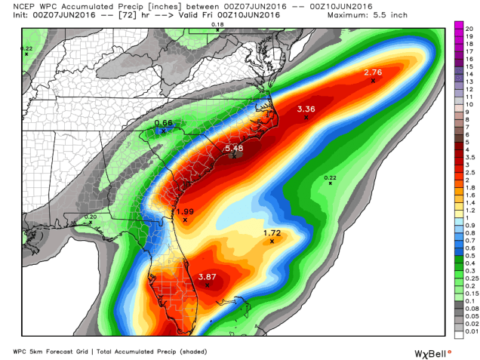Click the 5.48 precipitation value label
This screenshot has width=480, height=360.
coord(234,149)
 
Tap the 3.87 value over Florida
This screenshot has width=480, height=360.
coord(208,277)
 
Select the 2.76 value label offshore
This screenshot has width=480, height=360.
coord(373,72)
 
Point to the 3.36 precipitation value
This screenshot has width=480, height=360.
coord(306,109)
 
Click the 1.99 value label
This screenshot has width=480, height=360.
coord(185,211)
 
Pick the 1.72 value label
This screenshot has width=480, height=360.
coord(272,233)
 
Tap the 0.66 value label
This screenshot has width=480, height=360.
coord(164,122)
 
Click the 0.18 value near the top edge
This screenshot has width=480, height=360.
coord(217,24)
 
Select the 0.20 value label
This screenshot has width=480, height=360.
coord(91,217)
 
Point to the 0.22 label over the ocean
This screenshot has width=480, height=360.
coord(330,177)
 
